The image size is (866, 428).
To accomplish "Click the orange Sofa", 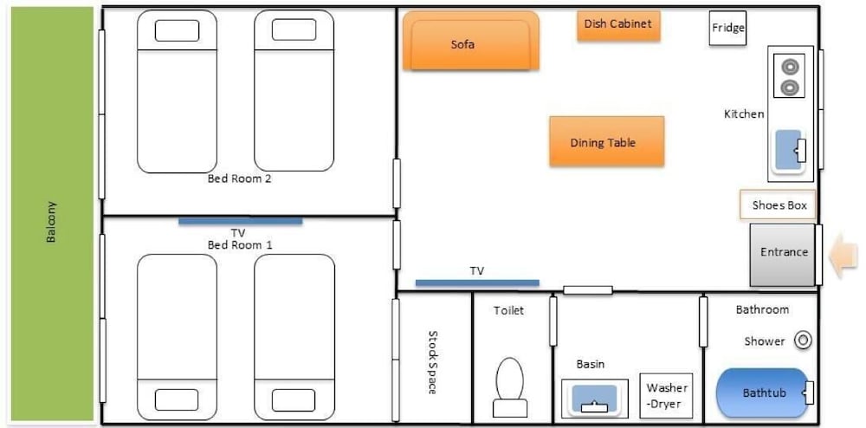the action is pyautogui.click(x=470, y=41).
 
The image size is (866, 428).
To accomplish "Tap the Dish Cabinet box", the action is pyautogui.click(x=618, y=25).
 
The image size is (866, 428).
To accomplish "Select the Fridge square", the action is pyautogui.click(x=728, y=29).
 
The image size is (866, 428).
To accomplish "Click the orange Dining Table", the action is pyautogui.click(x=606, y=141).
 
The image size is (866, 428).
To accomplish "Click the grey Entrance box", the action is pyautogui.click(x=783, y=255).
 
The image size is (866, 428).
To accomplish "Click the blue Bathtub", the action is pyautogui.click(x=762, y=392).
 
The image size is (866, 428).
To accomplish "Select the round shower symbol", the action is pyautogui.click(x=803, y=340).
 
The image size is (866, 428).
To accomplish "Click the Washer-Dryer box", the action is pyautogui.click(x=666, y=395).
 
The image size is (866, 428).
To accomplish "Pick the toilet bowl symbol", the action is pyautogui.click(x=510, y=386).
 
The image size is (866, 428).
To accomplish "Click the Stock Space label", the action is pyautogui.click(x=433, y=362).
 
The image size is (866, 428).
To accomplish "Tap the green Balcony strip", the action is pyautogui.click(x=52, y=214).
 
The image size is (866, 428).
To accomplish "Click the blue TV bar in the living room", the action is pyautogui.click(x=477, y=282).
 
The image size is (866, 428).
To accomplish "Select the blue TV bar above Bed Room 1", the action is pyautogui.click(x=240, y=221).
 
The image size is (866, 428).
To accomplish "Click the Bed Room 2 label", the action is pyautogui.click(x=240, y=179).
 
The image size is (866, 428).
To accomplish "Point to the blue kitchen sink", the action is pyautogui.click(x=788, y=150).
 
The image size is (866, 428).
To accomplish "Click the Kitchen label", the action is pyautogui.click(x=744, y=114).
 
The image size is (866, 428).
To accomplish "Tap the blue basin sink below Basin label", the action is pyautogui.click(x=595, y=398).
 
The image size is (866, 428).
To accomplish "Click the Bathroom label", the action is pyautogui.click(x=762, y=310).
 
